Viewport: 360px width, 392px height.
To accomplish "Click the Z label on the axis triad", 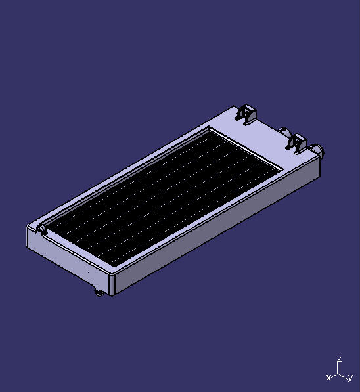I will [339, 359].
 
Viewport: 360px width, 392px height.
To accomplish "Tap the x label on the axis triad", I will [328, 378].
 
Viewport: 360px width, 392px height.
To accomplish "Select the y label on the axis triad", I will [350, 378].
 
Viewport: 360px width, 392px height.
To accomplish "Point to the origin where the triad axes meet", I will [338, 374].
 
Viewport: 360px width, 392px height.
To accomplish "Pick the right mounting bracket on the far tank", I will [296, 142].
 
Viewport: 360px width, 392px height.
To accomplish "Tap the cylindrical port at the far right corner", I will [320, 152].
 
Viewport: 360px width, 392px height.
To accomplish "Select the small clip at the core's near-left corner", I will [41, 229].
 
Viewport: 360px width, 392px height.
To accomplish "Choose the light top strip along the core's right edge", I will [210, 217].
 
